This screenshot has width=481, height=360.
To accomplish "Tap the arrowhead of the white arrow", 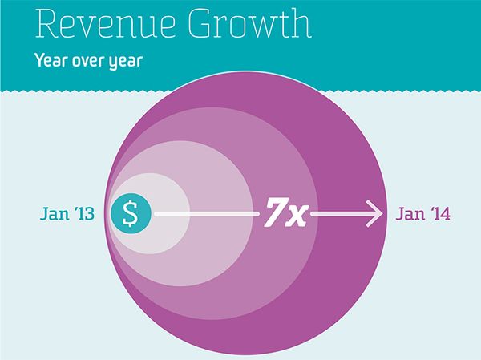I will coord(374,214).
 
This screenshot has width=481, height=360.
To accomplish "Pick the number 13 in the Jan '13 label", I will coord(85,214).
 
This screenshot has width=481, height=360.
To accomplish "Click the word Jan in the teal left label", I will coord(54,214).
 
